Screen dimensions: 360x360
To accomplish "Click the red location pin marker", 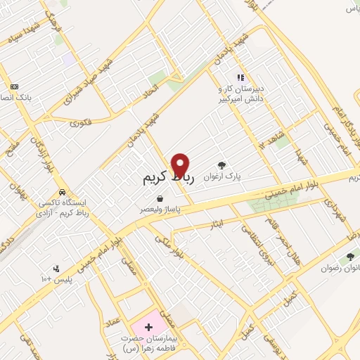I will click(x=181, y=166).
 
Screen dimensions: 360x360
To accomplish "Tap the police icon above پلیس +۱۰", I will click(x=56, y=268).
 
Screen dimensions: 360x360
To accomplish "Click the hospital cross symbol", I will click(x=148, y=328).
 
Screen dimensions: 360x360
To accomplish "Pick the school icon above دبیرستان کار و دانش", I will click(x=240, y=77).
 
